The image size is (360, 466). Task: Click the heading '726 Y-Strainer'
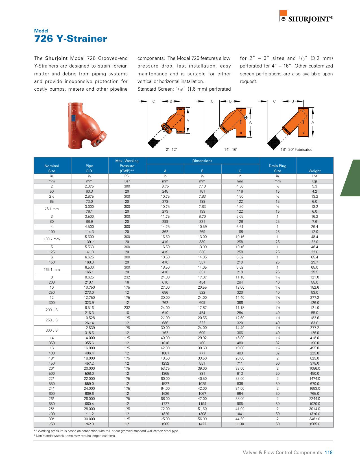click(70, 39)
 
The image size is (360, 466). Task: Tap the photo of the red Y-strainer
click(86, 125)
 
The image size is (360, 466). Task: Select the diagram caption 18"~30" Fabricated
click(296, 150)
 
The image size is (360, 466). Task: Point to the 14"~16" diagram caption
click(231, 150)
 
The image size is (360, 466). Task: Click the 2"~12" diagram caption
click(171, 150)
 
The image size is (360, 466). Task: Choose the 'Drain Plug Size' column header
click(277, 168)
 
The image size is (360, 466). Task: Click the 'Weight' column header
click(315, 171)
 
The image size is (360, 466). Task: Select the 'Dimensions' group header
click(202, 161)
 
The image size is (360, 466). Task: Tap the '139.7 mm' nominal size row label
click(52, 239)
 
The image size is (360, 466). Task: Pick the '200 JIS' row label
click(52, 310)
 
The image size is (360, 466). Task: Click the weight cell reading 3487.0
click(315, 419)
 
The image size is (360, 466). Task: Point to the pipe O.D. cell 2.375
click(89, 186)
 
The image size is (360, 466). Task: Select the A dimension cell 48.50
click(165, 358)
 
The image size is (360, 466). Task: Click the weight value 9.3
click(315, 186)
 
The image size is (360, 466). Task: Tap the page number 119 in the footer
click(329, 452)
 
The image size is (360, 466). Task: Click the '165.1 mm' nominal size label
click(52, 270)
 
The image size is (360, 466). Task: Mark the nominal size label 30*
click(52, 419)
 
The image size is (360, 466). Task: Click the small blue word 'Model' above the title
click(41, 31)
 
